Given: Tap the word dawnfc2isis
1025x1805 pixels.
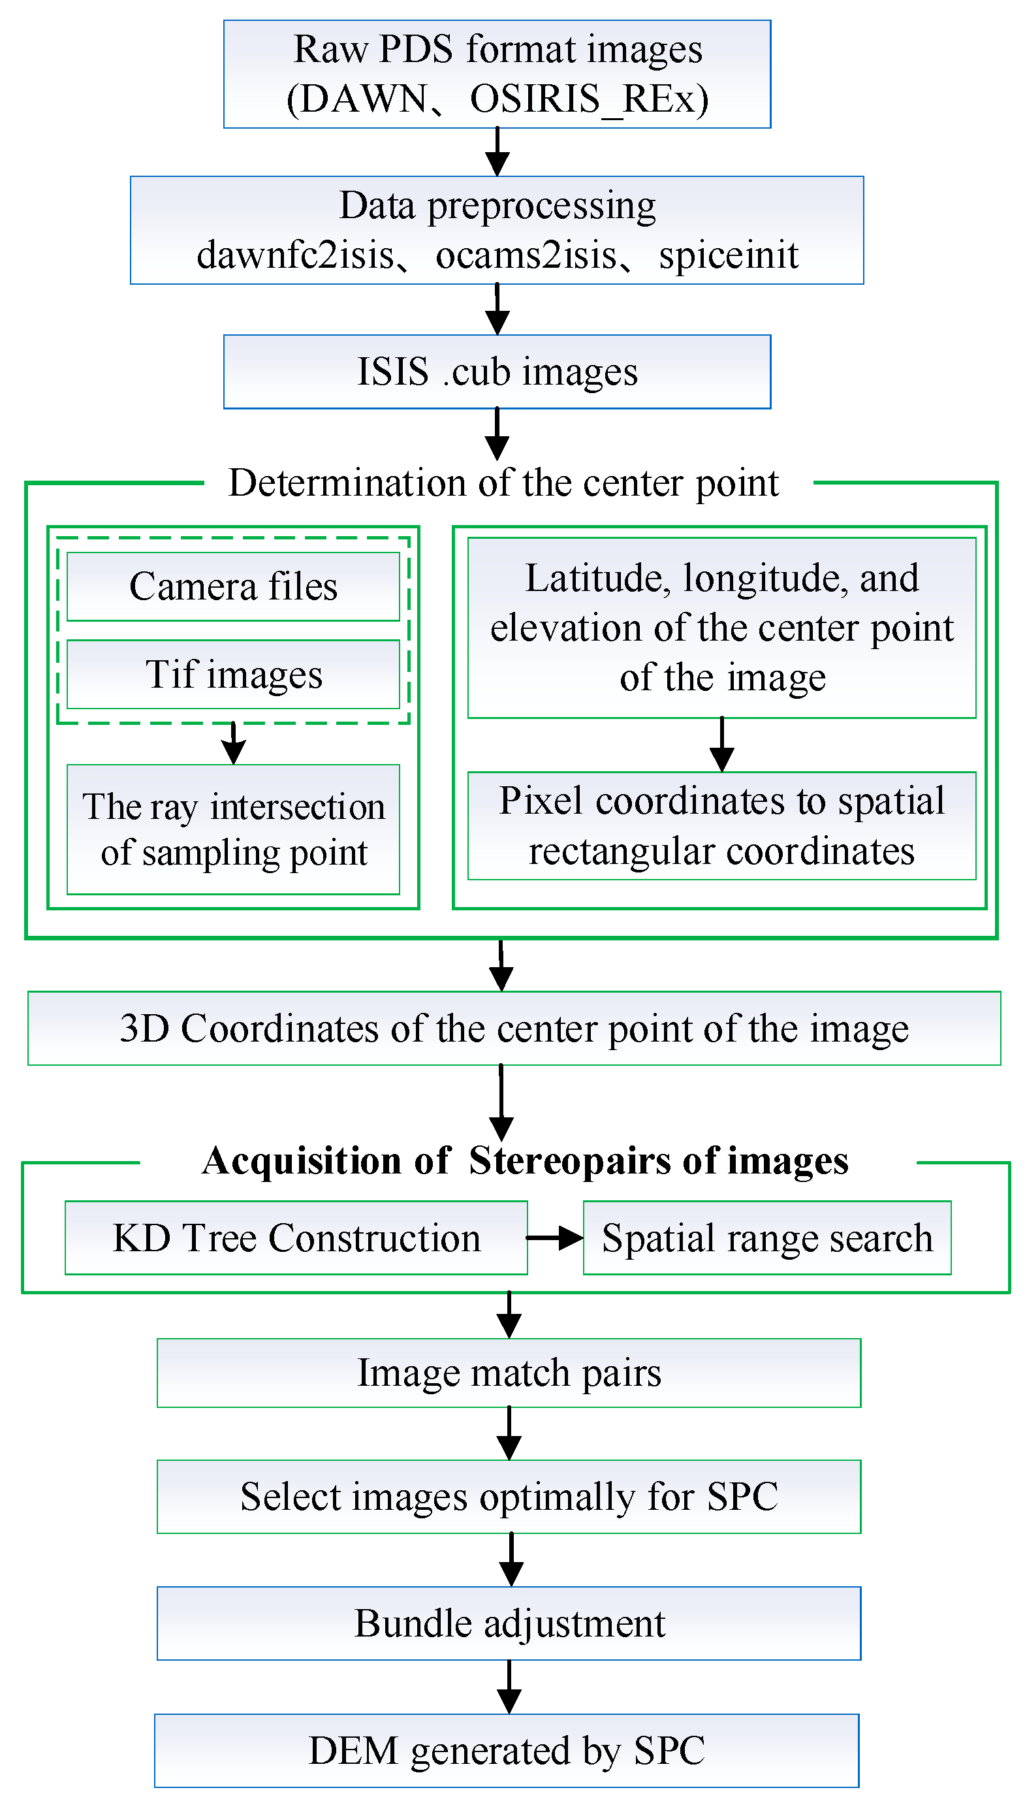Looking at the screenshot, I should pyautogui.click(x=295, y=255).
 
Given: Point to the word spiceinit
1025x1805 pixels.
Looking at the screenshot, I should pyautogui.click(x=728, y=255).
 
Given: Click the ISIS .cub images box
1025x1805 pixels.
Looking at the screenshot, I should pyautogui.click(x=497, y=372).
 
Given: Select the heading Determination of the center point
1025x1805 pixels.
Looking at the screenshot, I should pyautogui.click(x=503, y=483).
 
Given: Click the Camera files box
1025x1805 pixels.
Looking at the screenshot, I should pyautogui.click(x=233, y=586).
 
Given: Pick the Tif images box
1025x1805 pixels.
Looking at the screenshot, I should pyautogui.click(x=233, y=675).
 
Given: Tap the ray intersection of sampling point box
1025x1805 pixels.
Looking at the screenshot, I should pyautogui.click(x=233, y=829).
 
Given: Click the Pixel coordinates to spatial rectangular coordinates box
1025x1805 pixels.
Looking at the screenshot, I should pyautogui.click(x=721, y=825).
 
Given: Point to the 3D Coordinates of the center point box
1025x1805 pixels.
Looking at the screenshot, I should pyautogui.click(x=514, y=1029).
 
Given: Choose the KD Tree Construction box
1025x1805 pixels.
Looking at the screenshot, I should pyautogui.click(x=296, y=1238).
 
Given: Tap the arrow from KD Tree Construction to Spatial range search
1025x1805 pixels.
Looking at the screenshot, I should pyautogui.click(x=555, y=1238).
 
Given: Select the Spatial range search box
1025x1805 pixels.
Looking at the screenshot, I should pyautogui.click(x=766, y=1238).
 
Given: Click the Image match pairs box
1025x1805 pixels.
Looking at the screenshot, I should pyautogui.click(x=509, y=1373).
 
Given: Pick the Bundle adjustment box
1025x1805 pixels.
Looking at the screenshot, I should pyautogui.click(x=509, y=1623).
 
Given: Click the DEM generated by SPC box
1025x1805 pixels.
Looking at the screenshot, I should pyautogui.click(x=506, y=1751).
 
